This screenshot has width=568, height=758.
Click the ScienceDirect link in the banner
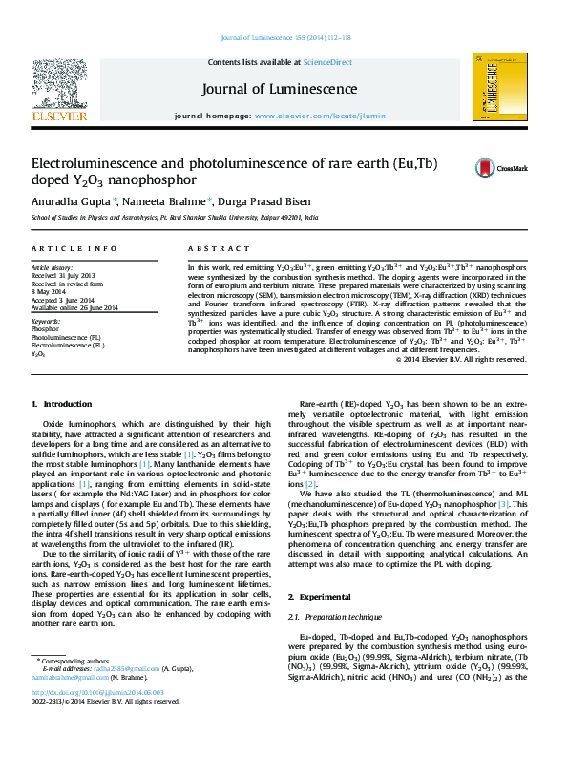329,62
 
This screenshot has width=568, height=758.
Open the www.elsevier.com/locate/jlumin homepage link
320,116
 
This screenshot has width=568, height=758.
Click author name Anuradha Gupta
73,201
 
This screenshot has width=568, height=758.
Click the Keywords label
46,323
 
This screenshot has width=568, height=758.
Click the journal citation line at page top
285,37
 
